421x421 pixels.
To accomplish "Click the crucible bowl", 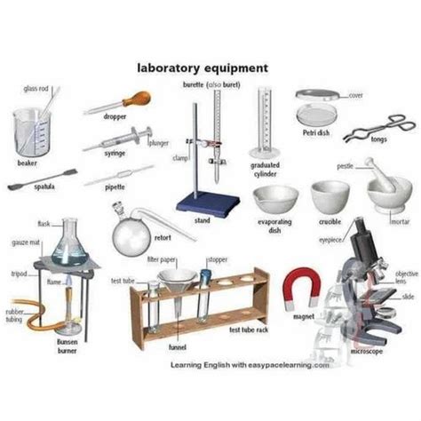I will (331, 196).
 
